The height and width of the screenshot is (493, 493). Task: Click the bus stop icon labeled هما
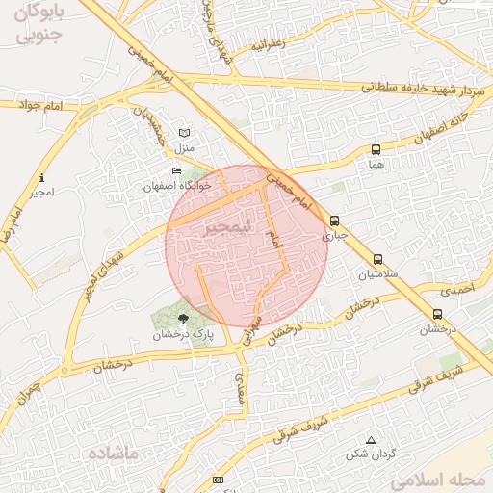[x=376, y=149]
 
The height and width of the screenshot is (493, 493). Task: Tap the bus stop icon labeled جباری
[x=334, y=221]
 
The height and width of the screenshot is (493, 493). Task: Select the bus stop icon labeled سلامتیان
[x=377, y=259]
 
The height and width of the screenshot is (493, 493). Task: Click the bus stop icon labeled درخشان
[x=438, y=314]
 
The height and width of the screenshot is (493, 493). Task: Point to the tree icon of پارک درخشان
[x=184, y=317]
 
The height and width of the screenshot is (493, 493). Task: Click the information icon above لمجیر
[x=41, y=178]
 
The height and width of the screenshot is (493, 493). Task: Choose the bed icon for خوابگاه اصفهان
[x=176, y=170]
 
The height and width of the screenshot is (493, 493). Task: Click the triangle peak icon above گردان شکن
[x=372, y=439]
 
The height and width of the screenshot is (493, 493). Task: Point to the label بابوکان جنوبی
[x=40, y=25]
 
